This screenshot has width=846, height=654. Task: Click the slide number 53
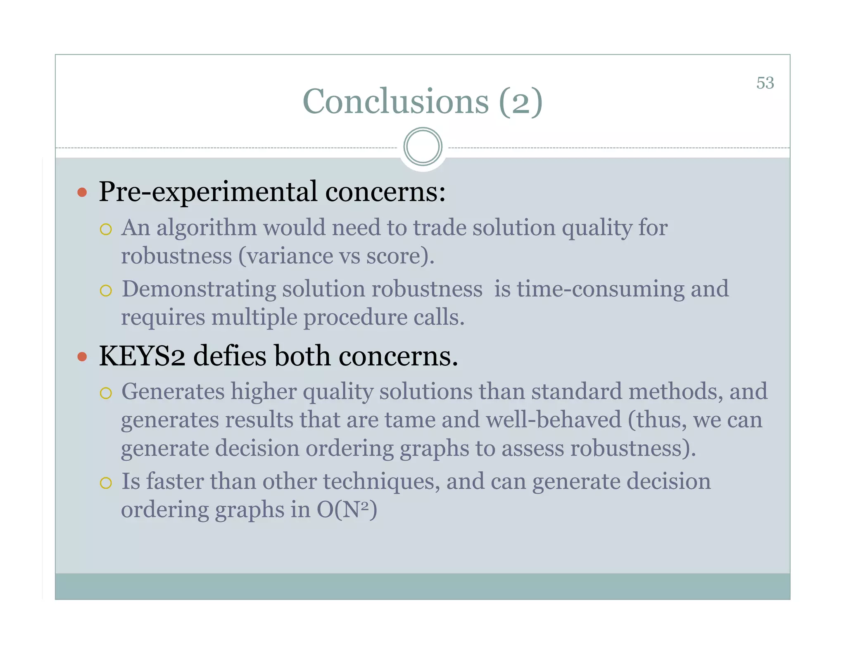(765, 83)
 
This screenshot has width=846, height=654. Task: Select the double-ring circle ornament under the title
(423, 147)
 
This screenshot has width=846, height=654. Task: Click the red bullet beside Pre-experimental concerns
(82, 192)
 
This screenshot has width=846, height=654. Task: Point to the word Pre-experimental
(208, 192)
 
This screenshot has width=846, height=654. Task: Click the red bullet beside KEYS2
(82, 356)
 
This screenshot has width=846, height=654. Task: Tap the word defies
(230, 356)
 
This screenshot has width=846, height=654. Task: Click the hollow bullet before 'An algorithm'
(106, 229)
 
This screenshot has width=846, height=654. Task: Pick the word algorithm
(206, 228)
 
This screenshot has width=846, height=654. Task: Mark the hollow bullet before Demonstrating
(106, 291)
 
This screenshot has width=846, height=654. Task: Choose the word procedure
(355, 318)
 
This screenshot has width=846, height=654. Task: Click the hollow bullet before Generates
(106, 393)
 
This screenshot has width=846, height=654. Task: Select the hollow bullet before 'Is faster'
(106, 483)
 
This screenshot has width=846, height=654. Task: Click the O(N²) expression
(347, 510)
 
